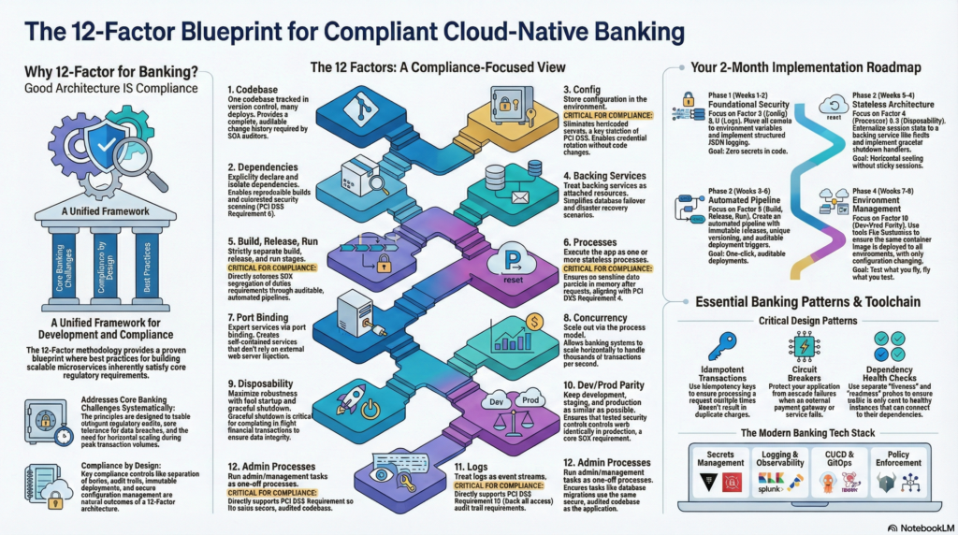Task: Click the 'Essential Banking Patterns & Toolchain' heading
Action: click(806, 301)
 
